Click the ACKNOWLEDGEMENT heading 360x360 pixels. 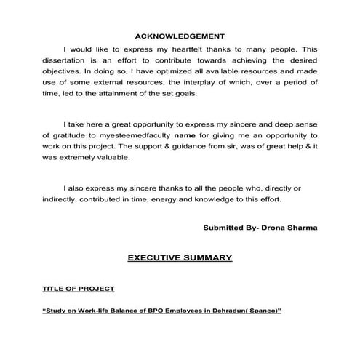tap(180, 36)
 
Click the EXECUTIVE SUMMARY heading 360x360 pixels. tap(180, 257)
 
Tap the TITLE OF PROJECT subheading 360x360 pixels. tap(79, 289)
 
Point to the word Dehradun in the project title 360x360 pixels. tap(218, 310)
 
